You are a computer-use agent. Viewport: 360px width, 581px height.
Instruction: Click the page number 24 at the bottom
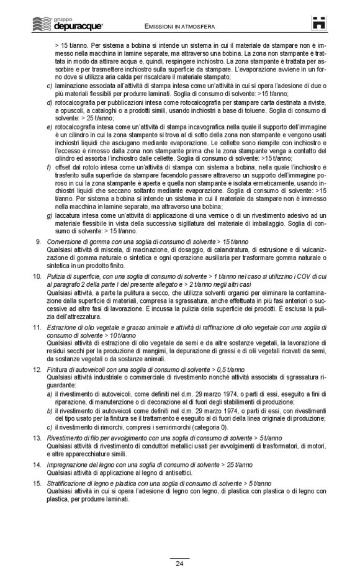[x=179, y=564]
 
